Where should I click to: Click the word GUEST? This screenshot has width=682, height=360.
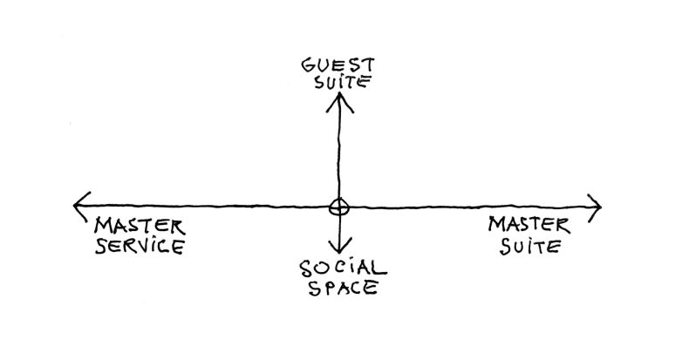(x=338, y=65)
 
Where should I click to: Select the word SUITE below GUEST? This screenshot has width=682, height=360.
(x=338, y=85)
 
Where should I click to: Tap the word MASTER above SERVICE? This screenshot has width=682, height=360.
(x=133, y=225)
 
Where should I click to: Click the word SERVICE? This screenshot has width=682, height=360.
(x=140, y=246)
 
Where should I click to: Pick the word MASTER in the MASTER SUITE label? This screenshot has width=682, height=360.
(x=529, y=225)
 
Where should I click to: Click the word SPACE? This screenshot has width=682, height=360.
(x=340, y=288)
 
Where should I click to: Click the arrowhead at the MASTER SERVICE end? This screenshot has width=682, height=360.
(x=80, y=206)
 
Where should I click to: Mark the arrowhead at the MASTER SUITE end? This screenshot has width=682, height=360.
(x=596, y=207)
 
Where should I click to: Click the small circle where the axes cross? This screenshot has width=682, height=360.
(x=338, y=207)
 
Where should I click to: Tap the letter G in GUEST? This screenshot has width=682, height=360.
(x=308, y=65)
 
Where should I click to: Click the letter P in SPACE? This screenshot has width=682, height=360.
(x=320, y=288)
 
